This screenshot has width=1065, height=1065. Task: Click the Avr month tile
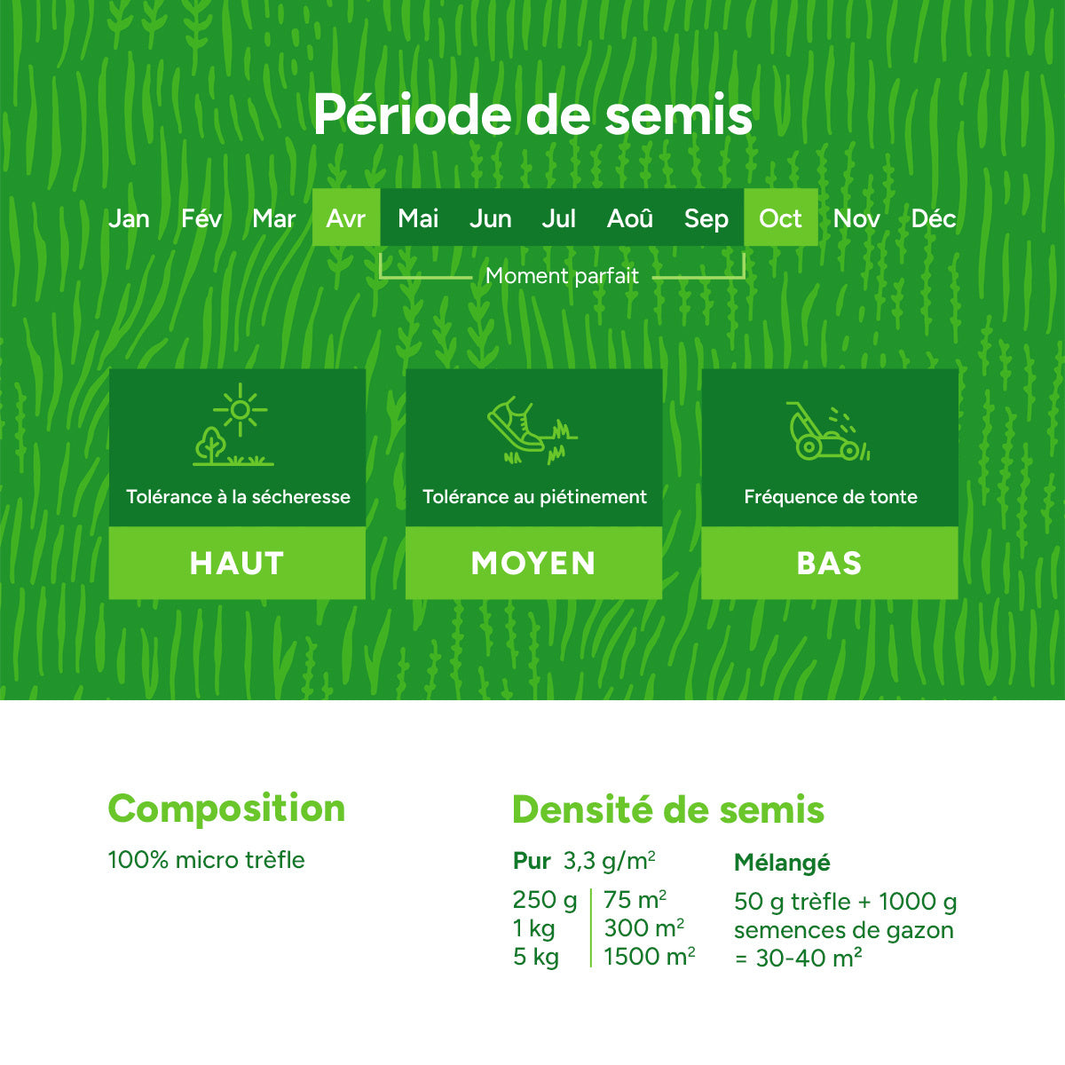pyautogui.click(x=346, y=217)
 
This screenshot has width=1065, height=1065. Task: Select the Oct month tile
pyautogui.click(x=780, y=217)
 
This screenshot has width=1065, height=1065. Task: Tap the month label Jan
pyautogui.click(x=129, y=218)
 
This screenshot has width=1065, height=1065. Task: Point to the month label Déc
pyautogui.click(x=933, y=218)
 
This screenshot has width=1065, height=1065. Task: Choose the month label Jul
pyautogui.click(x=558, y=218)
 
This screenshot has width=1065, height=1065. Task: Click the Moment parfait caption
pyautogui.click(x=562, y=276)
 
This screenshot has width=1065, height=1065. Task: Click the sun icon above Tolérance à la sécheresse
pyautogui.click(x=240, y=410)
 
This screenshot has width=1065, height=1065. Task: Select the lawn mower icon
pyautogui.click(x=821, y=435)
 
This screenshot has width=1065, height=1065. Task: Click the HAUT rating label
pyautogui.click(x=237, y=564)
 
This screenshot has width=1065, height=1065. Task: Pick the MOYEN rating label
pyautogui.click(x=533, y=564)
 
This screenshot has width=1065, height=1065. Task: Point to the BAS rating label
pyautogui.click(x=830, y=564)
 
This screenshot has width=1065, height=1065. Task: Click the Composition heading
pyautogui.click(x=226, y=809)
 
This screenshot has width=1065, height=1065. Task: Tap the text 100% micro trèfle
pyautogui.click(x=206, y=860)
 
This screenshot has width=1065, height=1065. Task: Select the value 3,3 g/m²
pyautogui.click(x=610, y=861)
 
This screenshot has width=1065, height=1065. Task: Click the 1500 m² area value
pyautogui.click(x=649, y=957)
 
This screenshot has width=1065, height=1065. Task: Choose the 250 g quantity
pyautogui.click(x=544, y=900)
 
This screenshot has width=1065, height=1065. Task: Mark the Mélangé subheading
pyautogui.click(x=782, y=862)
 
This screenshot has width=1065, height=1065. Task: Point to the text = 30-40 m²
pyautogui.click(x=798, y=958)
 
